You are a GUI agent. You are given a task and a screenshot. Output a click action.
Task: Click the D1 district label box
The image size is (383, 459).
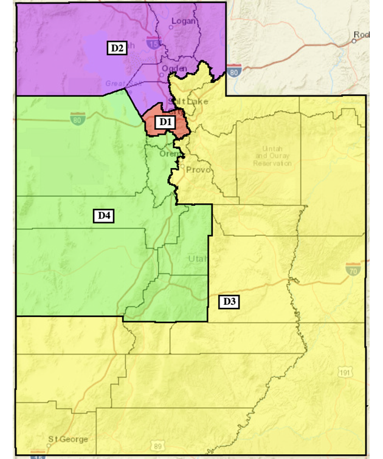(x=165, y=122)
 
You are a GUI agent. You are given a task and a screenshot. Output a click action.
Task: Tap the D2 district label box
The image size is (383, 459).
(x=117, y=48)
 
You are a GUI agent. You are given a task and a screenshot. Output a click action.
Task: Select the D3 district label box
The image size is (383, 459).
(x=229, y=301)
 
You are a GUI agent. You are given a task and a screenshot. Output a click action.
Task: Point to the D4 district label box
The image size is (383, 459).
(x=103, y=215)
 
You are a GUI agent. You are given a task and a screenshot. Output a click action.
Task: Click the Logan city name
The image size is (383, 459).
(x=183, y=21)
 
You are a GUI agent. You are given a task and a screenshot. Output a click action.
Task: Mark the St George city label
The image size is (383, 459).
(x=68, y=439)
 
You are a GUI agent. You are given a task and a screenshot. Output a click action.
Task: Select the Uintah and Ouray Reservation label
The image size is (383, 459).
(x=268, y=156)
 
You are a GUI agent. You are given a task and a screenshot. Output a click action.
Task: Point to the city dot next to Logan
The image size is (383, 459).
(x=171, y=25)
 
